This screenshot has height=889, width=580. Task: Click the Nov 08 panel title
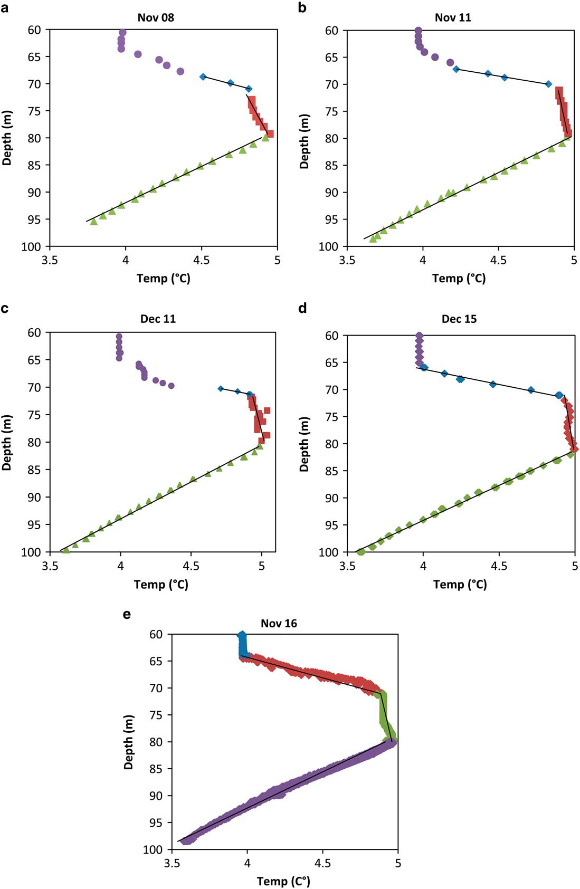[156, 17]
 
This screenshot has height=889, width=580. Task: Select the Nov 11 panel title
[453, 17]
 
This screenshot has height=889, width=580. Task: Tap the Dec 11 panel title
[158, 319]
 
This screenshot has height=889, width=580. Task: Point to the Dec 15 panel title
[459, 319]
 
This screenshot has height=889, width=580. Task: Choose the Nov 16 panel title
[279, 623]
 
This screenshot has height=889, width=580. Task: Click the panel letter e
[127, 614]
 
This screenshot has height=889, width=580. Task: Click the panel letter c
[5, 308]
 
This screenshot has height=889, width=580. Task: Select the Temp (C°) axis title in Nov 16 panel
[283, 881]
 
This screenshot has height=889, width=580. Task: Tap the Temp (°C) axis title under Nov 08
[163, 278]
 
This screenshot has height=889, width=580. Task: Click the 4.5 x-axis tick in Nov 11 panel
[498, 260]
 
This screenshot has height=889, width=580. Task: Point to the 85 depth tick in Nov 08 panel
[34, 165]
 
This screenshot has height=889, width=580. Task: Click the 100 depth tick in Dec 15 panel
[328, 552]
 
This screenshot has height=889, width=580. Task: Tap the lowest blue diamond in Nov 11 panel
[548, 84]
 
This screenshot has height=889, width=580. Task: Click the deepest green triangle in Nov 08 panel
[94, 222]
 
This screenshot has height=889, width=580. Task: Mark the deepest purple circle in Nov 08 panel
[180, 71]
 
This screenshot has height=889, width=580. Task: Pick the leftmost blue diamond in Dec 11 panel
[221, 389]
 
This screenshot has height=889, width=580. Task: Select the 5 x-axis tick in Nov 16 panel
[398, 863]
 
